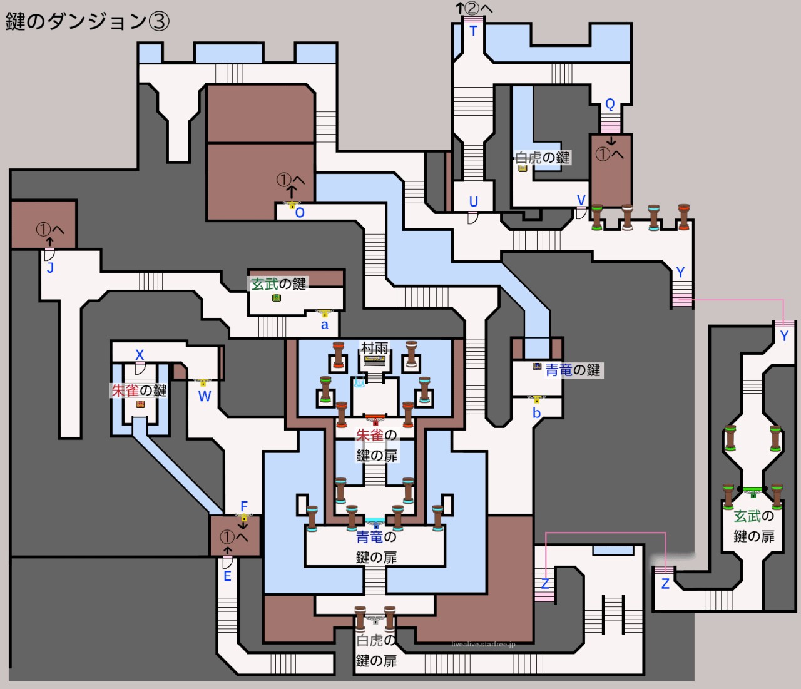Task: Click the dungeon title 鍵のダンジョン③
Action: [x=88, y=21]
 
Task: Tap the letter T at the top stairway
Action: [x=473, y=31]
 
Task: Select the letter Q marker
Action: [x=610, y=104]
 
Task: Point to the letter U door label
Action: [x=474, y=202]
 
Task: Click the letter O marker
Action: [x=300, y=213]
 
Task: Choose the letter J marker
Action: [x=50, y=268]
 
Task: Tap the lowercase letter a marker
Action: [x=324, y=325]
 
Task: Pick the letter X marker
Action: [x=140, y=355]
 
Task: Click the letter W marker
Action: [x=205, y=396]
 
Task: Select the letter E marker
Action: [x=227, y=576]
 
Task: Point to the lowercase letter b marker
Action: [x=536, y=413]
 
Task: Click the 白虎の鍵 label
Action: [x=543, y=157]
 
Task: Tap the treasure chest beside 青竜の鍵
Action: [x=537, y=367]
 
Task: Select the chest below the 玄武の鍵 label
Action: [x=277, y=298]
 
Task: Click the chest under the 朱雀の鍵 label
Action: [x=140, y=404]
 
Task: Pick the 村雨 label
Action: [x=374, y=347]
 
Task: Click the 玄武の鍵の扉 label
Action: [x=753, y=526]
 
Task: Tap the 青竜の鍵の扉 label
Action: [x=376, y=546]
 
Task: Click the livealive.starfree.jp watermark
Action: [x=483, y=645]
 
